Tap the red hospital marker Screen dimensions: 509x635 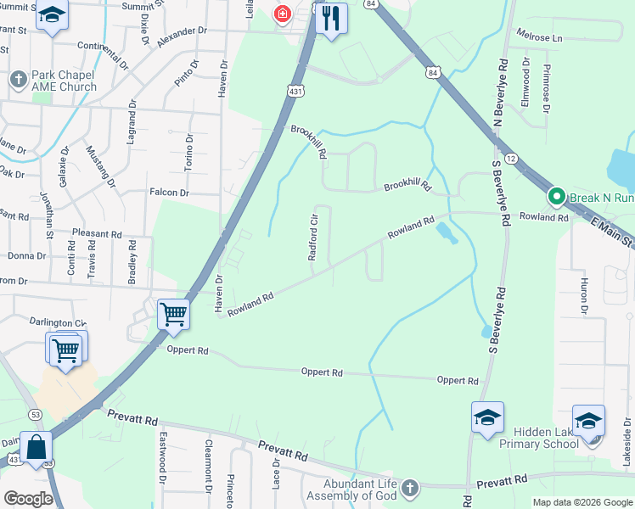(x=282, y=14)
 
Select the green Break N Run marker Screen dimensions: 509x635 (x=557, y=198)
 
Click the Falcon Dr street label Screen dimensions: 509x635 (x=168, y=193)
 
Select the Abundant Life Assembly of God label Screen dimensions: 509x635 (x=348, y=489)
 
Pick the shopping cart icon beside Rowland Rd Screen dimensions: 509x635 (x=173, y=314)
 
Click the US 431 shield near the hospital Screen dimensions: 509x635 (x=295, y=91)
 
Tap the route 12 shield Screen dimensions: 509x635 (x=510, y=159)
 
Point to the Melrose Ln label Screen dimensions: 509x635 (x=540, y=38)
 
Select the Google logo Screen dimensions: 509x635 (x=28, y=498)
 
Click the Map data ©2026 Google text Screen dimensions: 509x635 (x=582, y=502)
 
